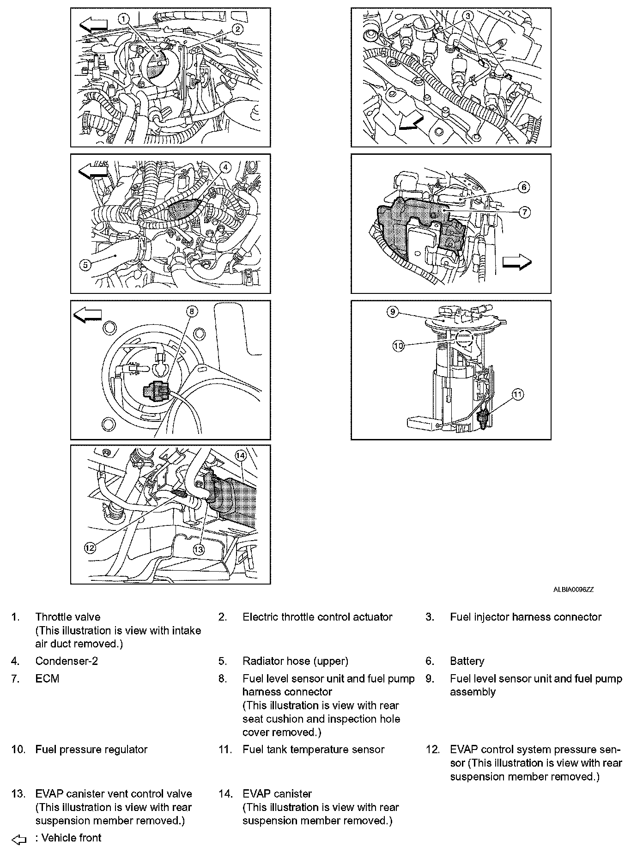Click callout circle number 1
pyautogui.click(x=123, y=18)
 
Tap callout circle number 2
pyautogui.click(x=237, y=29)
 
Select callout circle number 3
pyautogui.click(x=468, y=16)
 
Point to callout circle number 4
pyautogui.click(x=224, y=167)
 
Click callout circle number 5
pyautogui.click(x=85, y=265)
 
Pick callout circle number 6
pyautogui.click(x=524, y=187)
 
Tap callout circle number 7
pyautogui.click(x=525, y=212)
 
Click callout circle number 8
pyautogui.click(x=192, y=311)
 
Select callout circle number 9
pyautogui.click(x=392, y=312)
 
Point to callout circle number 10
pyautogui.click(x=398, y=346)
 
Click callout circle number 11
pyautogui.click(x=518, y=394)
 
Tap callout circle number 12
pyautogui.click(x=90, y=548)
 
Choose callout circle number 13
pyautogui.click(x=199, y=549)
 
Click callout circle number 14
pyautogui.click(x=240, y=455)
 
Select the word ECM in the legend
pyautogui.click(x=47, y=679)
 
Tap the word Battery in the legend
pyautogui.click(x=467, y=661)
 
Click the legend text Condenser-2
pyautogui.click(x=67, y=661)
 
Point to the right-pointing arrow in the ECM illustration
pyautogui.click(x=517, y=262)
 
